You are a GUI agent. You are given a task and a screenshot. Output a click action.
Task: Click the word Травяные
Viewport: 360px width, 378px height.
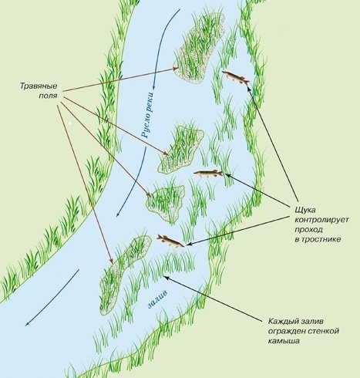click(39, 86)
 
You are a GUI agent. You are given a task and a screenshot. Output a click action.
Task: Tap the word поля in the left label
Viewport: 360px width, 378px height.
click(48, 96)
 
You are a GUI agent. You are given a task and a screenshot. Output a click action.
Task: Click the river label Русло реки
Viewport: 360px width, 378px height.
click(148, 115)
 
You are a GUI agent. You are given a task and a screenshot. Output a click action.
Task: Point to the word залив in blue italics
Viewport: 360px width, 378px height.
click(158, 299)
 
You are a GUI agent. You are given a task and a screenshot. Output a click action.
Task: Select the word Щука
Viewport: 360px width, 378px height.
click(305, 211)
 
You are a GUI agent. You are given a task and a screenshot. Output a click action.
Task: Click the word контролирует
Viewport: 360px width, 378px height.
click(321, 220)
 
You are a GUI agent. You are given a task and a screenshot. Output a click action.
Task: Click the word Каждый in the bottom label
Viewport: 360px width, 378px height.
click(282, 322)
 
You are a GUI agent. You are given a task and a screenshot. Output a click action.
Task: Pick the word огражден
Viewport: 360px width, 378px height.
click(285, 331)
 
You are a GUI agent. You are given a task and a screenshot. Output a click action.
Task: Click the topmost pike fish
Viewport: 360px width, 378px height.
click(236, 77)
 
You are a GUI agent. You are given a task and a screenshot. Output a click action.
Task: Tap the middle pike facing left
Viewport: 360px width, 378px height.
click(208, 174)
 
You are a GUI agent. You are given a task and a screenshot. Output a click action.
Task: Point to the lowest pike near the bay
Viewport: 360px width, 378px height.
click(170, 241)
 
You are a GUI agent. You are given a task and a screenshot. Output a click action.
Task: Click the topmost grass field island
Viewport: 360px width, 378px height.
click(199, 48)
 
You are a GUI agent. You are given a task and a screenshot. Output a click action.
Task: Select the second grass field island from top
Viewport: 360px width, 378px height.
click(180, 150)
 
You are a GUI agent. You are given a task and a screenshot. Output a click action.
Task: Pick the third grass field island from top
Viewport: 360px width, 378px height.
click(166, 202)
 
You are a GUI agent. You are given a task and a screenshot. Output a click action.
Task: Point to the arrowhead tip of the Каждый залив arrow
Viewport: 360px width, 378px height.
click(163, 276)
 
